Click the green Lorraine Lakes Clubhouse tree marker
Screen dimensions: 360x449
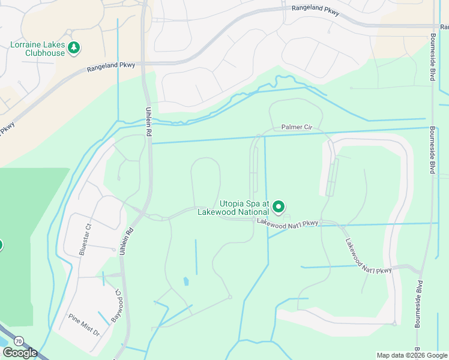(74, 47)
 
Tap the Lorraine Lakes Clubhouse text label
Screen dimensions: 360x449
(37, 48)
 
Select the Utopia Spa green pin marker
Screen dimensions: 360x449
(279, 208)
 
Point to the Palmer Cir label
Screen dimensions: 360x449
(297, 127)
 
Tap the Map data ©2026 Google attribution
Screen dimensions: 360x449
(412, 355)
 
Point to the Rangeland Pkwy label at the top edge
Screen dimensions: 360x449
(315, 10)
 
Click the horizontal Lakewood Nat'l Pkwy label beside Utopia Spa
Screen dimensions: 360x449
(288, 223)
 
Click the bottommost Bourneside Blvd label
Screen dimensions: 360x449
(418, 303)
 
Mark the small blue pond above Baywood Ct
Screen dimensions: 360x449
(185, 281)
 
